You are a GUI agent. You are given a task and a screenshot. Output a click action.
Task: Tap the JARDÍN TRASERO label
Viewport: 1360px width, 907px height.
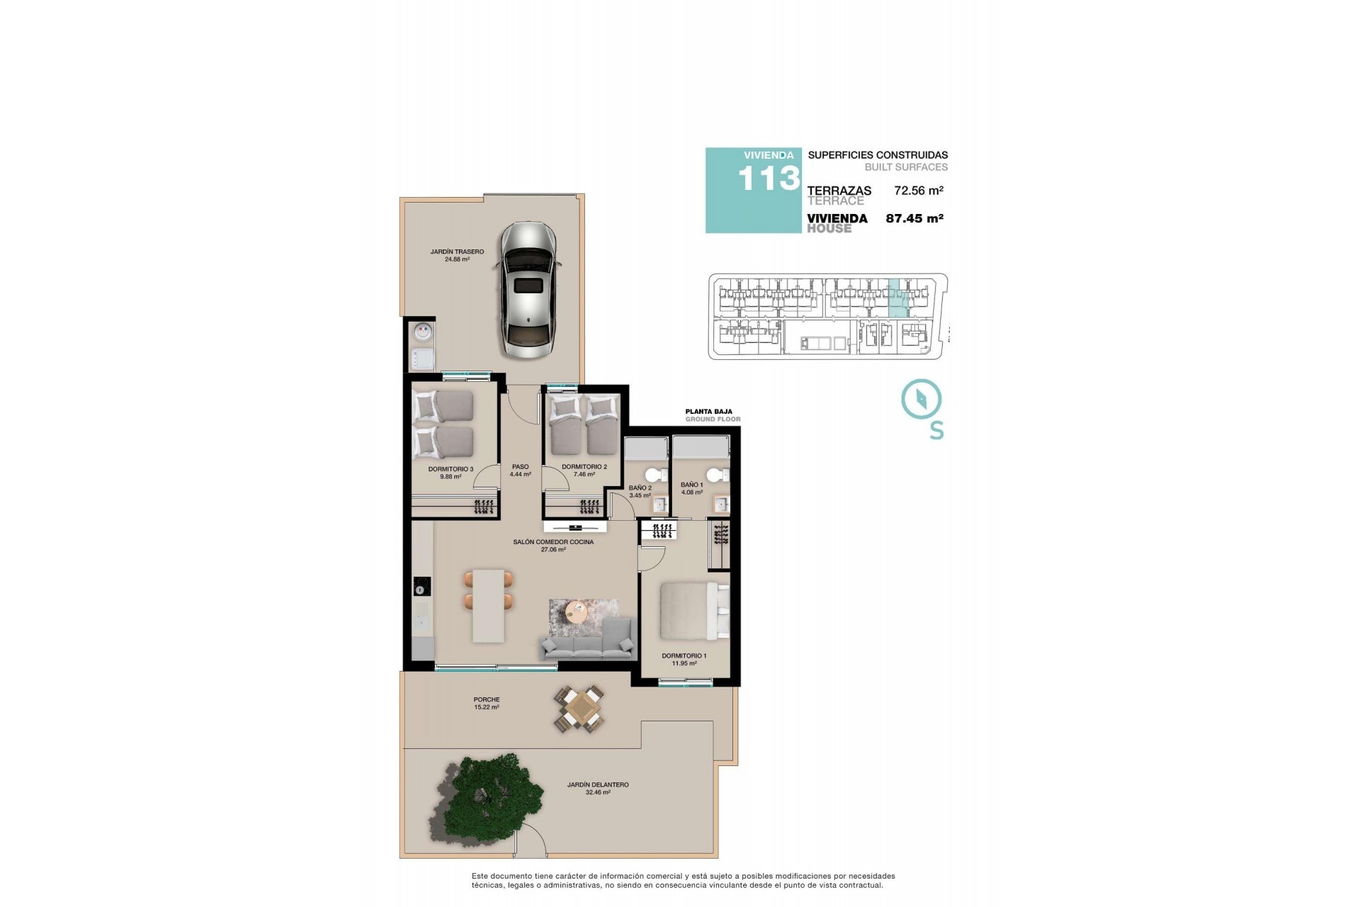tap(457, 252)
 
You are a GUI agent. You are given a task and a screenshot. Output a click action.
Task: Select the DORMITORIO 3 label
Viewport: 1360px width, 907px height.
tap(450, 469)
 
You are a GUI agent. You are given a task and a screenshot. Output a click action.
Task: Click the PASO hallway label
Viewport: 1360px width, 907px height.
tap(520, 467)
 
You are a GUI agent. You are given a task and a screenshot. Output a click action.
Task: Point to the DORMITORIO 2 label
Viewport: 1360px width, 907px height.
tap(584, 467)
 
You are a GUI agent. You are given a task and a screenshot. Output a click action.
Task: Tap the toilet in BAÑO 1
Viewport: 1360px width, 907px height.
tap(717, 475)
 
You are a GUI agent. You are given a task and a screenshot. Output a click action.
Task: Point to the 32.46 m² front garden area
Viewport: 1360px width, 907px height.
tap(598, 792)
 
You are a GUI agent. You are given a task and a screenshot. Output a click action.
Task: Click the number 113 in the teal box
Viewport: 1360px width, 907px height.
tap(768, 179)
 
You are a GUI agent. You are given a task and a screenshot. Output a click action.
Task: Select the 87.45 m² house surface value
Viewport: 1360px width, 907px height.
tap(914, 219)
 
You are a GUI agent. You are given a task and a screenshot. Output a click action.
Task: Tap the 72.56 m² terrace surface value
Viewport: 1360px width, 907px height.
tap(918, 191)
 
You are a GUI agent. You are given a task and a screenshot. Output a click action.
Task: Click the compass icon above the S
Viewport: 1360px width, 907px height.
tap(921, 399)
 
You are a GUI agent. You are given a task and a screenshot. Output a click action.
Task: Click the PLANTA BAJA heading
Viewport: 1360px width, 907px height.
tap(708, 411)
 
